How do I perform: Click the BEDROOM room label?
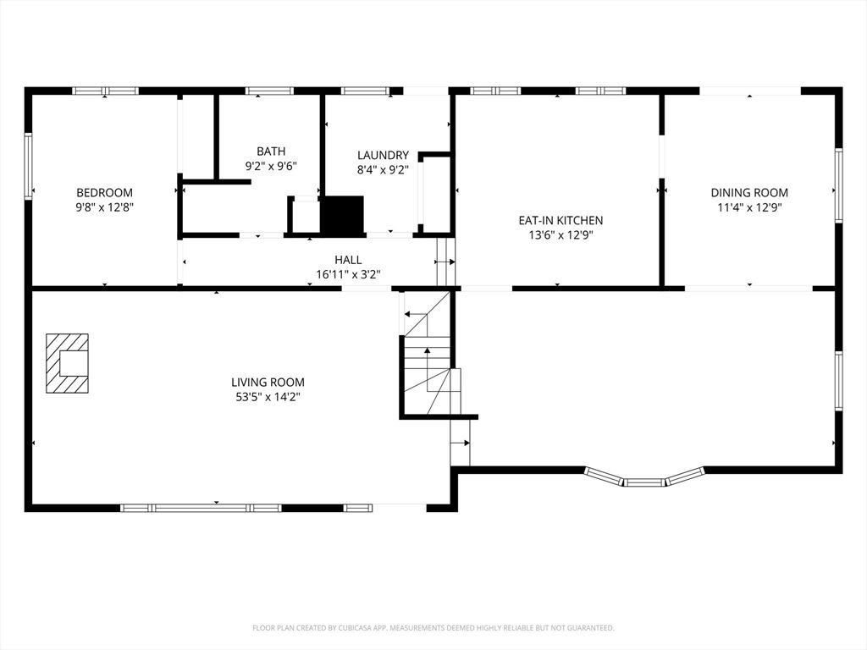[x=104, y=193]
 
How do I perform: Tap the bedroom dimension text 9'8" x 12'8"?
[x=104, y=207]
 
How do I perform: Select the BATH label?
[x=271, y=151]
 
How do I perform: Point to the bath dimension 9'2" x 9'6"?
[x=271, y=166]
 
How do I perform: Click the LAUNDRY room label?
[x=383, y=155]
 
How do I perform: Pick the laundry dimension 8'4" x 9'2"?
[x=383, y=169]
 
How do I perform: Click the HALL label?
[x=348, y=260]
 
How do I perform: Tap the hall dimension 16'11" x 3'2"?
[x=348, y=274]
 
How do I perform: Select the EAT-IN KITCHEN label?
[x=561, y=220]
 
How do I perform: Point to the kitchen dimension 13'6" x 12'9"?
[x=561, y=235]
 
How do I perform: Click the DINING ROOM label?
[x=748, y=193]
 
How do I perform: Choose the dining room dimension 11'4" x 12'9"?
[x=748, y=207]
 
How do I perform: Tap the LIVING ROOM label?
[x=268, y=383]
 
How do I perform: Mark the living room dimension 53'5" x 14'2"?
[x=268, y=397]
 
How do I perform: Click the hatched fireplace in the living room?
[x=67, y=363]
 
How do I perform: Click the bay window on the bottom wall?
[x=644, y=478]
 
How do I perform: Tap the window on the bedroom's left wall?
[x=28, y=166]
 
